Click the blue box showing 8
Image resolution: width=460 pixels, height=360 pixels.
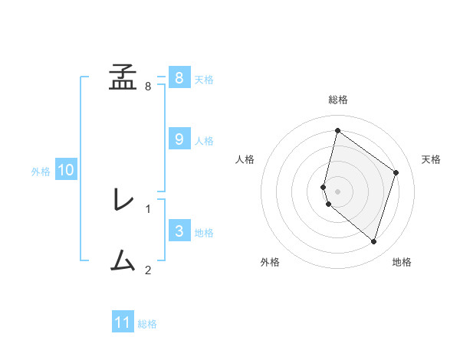(x=179, y=78)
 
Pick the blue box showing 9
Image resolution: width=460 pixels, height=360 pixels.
(x=179, y=139)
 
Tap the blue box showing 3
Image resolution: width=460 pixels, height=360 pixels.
(x=179, y=231)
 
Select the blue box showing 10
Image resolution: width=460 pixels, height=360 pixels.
(x=65, y=170)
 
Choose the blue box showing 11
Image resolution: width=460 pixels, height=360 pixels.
(x=123, y=322)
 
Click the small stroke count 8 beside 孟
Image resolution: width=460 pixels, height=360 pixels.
(x=148, y=86)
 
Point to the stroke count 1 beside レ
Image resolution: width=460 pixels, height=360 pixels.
(x=148, y=208)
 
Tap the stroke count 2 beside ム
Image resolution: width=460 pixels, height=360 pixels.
(x=148, y=270)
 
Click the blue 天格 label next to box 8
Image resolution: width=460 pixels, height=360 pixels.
(x=204, y=79)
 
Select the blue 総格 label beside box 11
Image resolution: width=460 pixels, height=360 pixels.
(x=147, y=324)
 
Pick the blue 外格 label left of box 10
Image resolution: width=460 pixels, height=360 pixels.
(x=41, y=172)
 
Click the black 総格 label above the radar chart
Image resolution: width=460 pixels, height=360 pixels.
(x=338, y=100)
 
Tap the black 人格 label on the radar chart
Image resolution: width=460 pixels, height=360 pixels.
(x=245, y=159)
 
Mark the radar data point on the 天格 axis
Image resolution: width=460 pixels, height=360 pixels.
(x=396, y=172)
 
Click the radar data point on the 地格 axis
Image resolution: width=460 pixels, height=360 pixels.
(x=374, y=242)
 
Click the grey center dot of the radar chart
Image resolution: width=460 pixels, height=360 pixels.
(x=338, y=191)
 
